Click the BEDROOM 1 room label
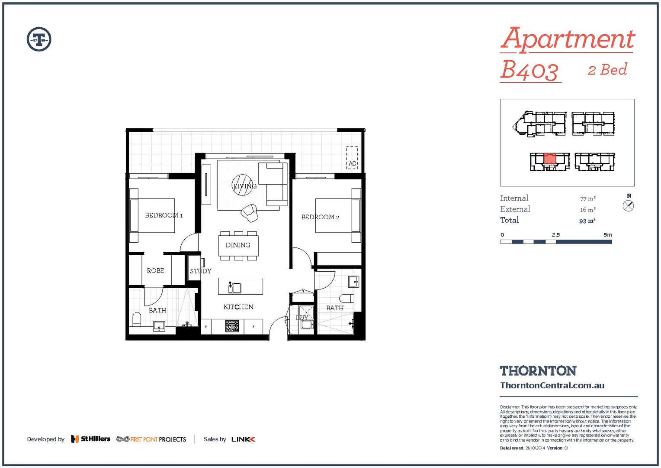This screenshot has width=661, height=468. (164, 215)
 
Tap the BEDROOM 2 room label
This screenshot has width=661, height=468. (320, 217)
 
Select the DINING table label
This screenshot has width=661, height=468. (238, 245)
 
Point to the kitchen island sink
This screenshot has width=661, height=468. (234, 287)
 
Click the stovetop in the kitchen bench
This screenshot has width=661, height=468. (232, 326)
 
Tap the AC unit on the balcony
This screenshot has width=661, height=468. (352, 158)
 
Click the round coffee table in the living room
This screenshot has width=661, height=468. (242, 185)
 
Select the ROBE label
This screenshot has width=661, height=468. (155, 271)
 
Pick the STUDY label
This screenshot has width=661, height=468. (201, 271)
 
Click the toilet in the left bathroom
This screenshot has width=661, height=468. (137, 320)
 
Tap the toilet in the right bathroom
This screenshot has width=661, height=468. (347, 298)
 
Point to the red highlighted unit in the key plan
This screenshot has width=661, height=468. (549, 158)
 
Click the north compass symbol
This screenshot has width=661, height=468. (629, 206)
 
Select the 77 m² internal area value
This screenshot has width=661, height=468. (587, 198)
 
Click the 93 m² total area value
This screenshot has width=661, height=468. (587, 221)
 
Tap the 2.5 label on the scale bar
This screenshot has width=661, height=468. (556, 235)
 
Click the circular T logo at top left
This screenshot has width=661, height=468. (39, 39)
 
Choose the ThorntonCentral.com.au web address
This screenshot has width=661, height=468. (552, 386)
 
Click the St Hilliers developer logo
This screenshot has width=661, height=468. (91, 439)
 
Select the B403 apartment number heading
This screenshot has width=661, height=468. (530, 71)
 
